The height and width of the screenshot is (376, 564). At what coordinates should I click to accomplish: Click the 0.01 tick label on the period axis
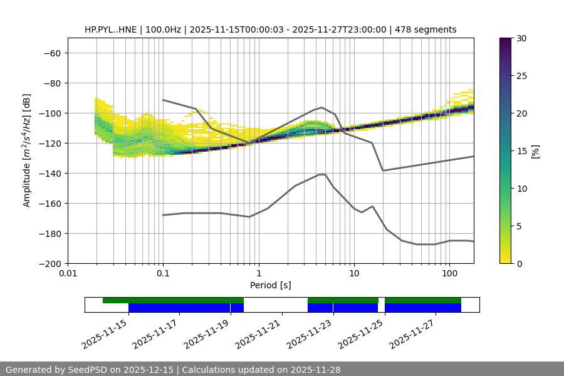click(x=68, y=274)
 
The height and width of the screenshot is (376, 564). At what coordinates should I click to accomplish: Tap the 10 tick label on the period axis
click(x=353, y=274)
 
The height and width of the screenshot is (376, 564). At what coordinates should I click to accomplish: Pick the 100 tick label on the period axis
click(x=449, y=274)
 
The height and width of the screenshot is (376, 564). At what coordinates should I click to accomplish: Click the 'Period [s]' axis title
click(x=270, y=285)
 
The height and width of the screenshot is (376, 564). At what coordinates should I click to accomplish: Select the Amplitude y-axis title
click(x=27, y=150)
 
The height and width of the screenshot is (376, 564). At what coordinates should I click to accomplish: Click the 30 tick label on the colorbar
click(x=521, y=38)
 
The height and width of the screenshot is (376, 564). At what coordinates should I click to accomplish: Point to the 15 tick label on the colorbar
click(x=521, y=151)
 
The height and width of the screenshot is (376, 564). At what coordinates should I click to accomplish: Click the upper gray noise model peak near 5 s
click(x=322, y=107)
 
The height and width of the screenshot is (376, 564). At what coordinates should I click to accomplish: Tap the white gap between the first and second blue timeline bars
click(x=275, y=308)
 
